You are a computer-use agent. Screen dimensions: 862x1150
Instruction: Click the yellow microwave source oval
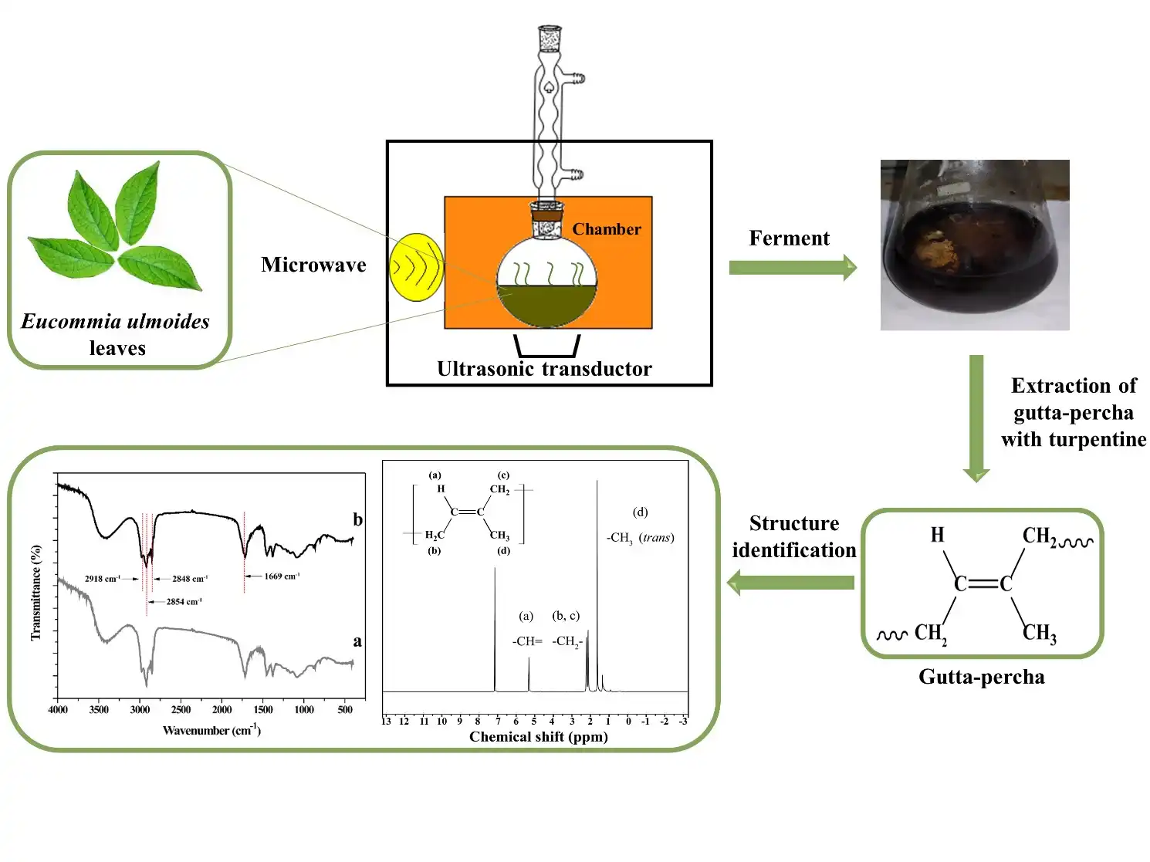416,266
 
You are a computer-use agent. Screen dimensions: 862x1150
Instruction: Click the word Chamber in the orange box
607,229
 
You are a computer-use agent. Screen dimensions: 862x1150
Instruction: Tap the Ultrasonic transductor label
544,369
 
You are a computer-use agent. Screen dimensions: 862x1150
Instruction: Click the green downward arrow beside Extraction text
976,417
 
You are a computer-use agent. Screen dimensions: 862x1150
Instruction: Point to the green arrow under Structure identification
791,583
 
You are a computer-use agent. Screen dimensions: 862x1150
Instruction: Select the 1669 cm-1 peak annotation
282,576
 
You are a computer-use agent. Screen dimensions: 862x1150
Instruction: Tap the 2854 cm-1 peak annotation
184,602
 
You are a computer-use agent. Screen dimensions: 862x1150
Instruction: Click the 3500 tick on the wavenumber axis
99,710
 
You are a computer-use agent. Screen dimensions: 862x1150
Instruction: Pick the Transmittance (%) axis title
36,593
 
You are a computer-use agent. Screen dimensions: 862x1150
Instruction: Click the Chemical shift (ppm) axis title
539,737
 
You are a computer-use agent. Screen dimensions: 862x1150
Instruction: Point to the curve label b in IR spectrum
357,519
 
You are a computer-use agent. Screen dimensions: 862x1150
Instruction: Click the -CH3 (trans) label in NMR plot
640,538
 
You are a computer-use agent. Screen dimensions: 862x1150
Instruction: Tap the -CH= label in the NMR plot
528,641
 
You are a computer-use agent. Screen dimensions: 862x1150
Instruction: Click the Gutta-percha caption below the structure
981,677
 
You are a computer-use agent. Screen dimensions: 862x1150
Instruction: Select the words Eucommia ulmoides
116,321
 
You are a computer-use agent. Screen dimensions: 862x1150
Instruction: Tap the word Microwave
313,265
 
